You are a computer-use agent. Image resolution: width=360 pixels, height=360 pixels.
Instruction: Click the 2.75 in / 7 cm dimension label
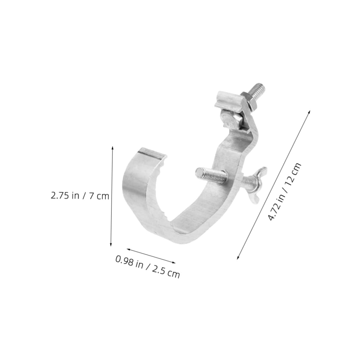pyautogui.click(x=80, y=195)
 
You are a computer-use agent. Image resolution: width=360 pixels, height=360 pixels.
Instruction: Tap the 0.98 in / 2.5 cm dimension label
pyautogui.click(x=147, y=267)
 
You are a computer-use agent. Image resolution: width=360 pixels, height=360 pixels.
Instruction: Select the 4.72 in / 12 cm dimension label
pyautogui.click(x=284, y=192)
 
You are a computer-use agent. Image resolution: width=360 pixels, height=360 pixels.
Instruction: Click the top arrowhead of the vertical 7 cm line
pyautogui.click(x=112, y=147)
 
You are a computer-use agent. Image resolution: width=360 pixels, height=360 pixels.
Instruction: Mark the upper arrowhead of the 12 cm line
pyautogui.click(x=309, y=111)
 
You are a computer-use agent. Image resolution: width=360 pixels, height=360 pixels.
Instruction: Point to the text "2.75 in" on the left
pyautogui.click(x=65, y=195)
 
